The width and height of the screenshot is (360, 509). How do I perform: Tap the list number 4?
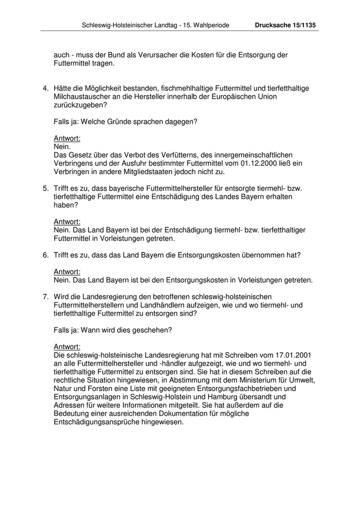45,88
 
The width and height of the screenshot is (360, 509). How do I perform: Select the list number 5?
45,188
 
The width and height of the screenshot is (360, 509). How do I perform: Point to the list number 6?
45,255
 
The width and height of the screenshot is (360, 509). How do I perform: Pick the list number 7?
45,297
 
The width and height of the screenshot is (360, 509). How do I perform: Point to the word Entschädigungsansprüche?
92,422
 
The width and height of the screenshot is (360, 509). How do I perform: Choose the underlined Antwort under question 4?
67,138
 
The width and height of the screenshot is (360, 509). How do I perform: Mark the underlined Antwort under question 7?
67,347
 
